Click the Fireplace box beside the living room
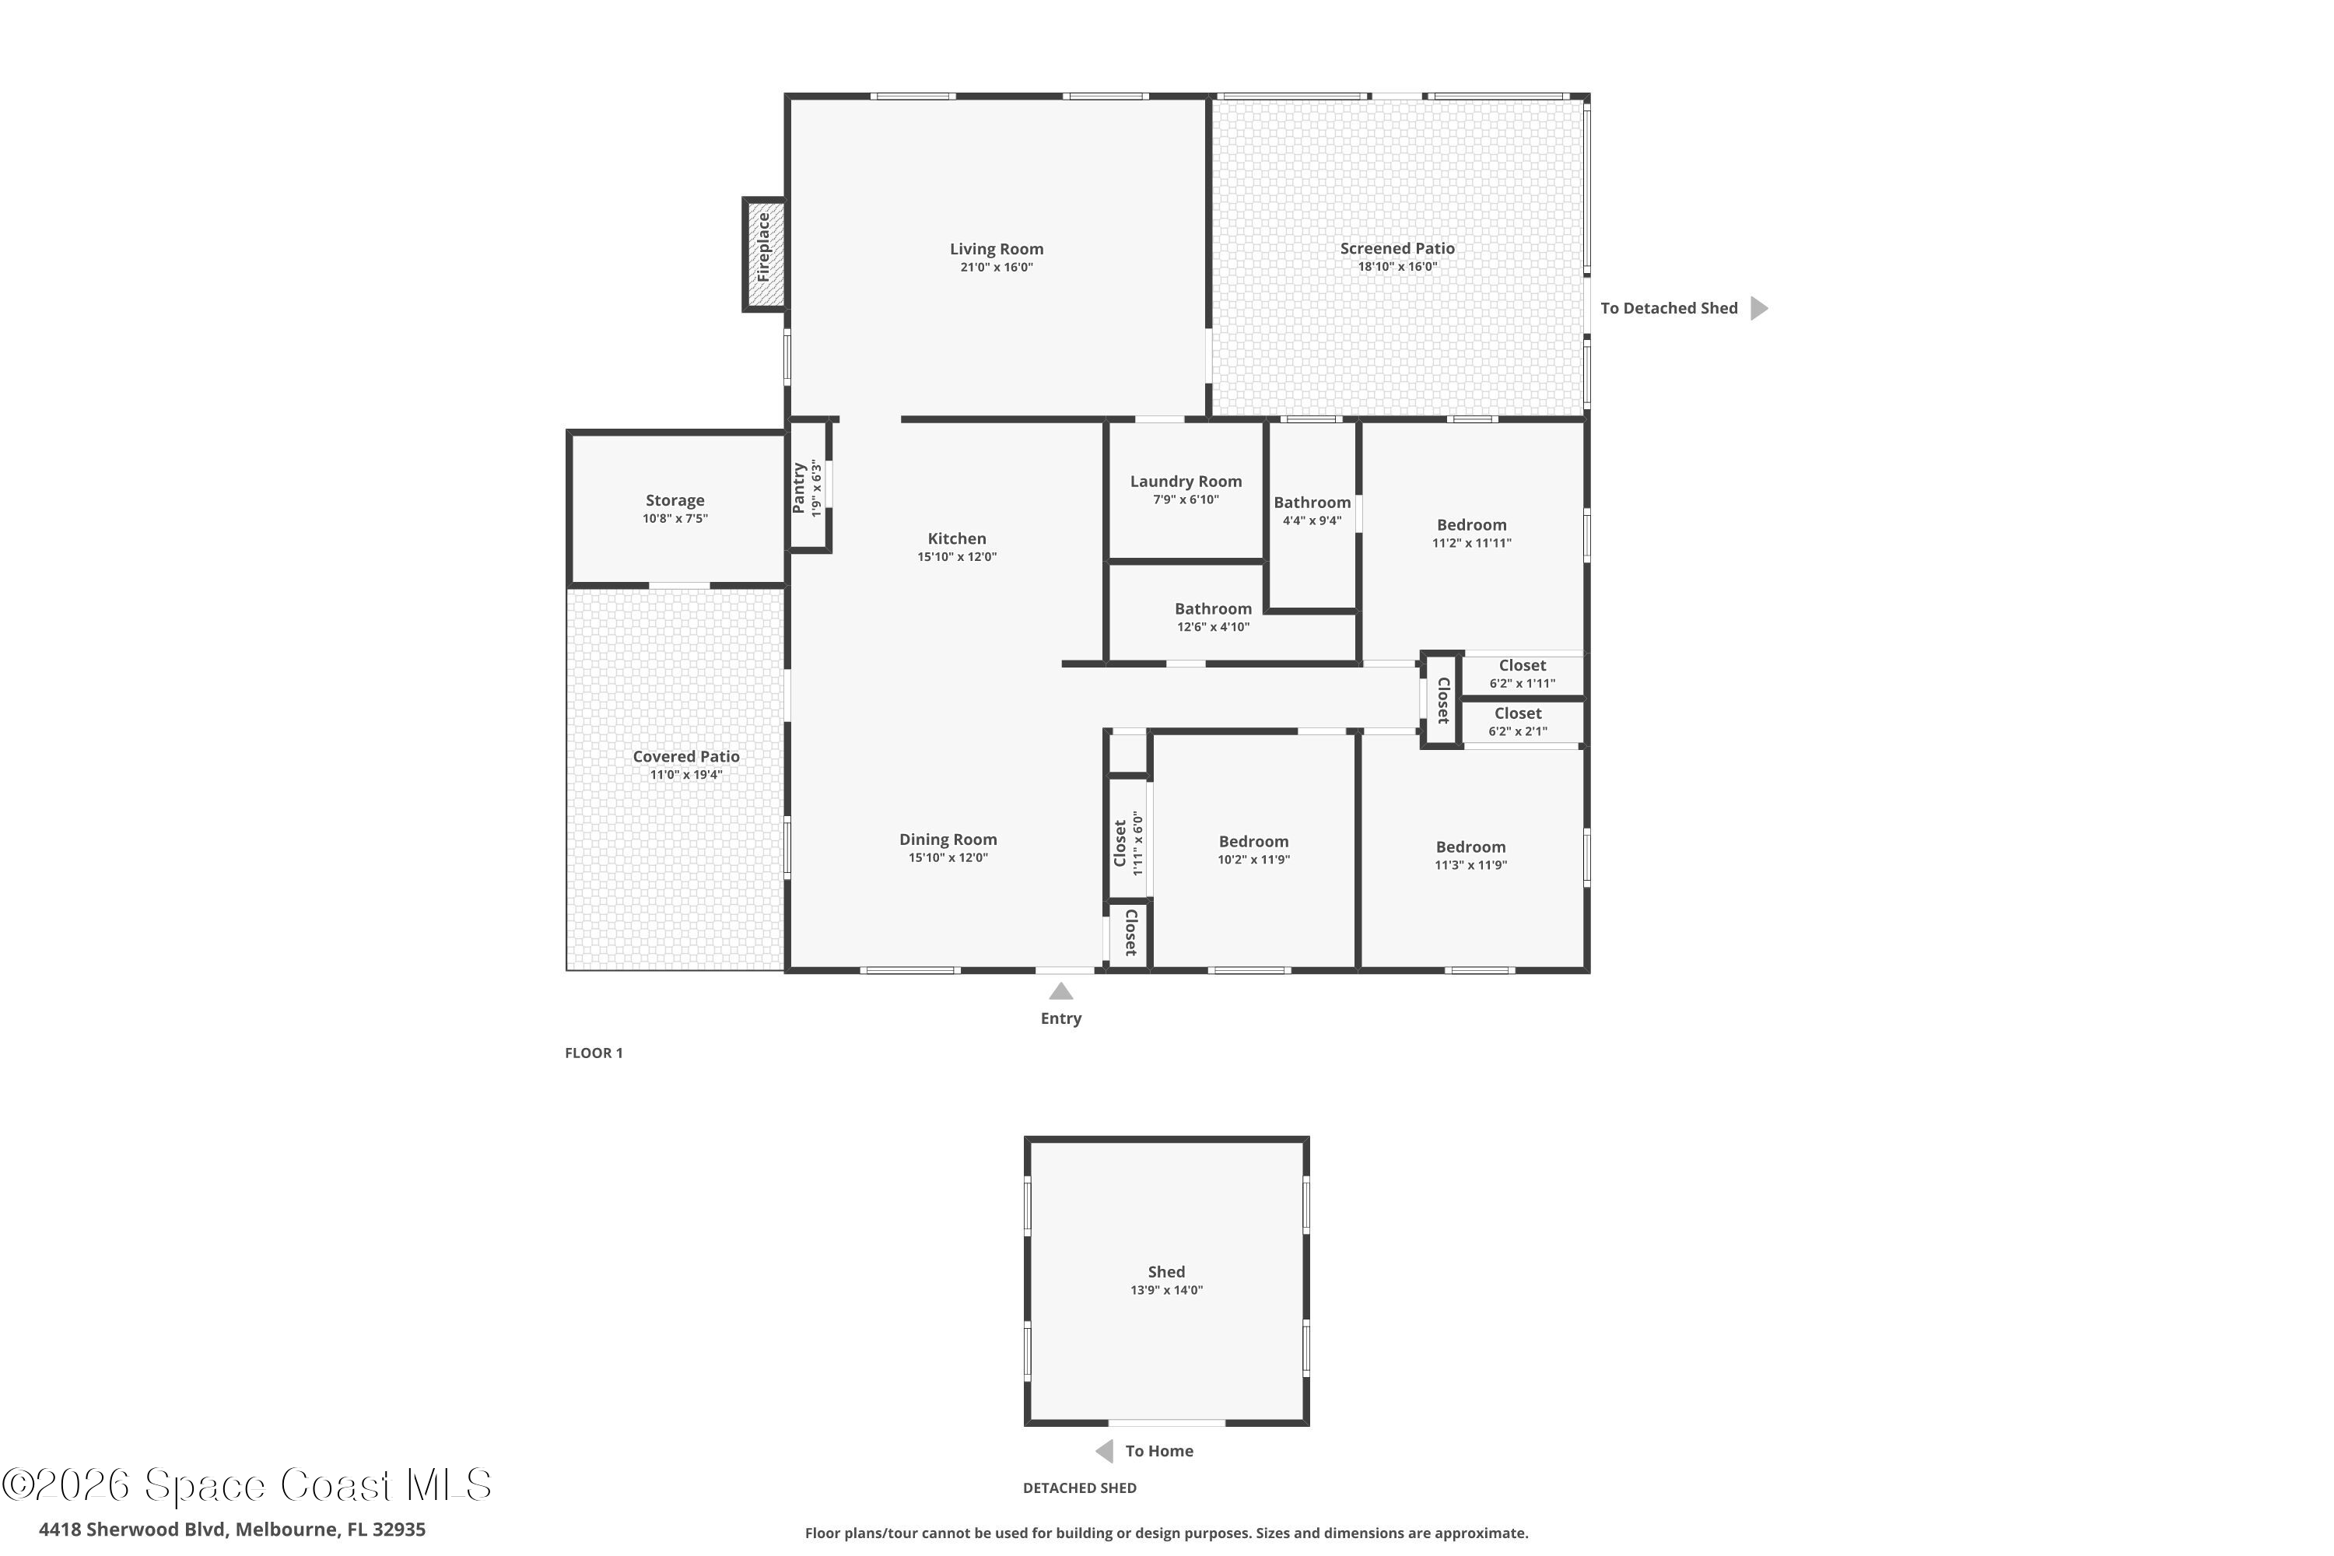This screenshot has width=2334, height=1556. click(x=764, y=255)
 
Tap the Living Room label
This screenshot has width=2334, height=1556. click(x=997, y=249)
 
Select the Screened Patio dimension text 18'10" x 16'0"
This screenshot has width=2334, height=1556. click(x=1397, y=266)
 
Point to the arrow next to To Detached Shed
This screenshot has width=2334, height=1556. click(x=1758, y=307)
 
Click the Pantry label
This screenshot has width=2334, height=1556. click(x=799, y=487)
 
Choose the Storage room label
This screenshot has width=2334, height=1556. click(x=675, y=500)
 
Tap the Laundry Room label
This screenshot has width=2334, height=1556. click(x=1186, y=482)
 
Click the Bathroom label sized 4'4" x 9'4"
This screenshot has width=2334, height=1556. click(x=1312, y=502)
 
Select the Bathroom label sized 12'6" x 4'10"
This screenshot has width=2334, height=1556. click(x=1213, y=608)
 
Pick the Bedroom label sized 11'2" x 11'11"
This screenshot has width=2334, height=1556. click(x=1472, y=525)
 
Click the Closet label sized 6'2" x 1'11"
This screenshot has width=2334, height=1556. click(x=1523, y=665)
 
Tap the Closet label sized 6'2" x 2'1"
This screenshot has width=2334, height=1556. click(x=1519, y=713)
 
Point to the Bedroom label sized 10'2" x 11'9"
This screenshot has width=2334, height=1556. click(x=1253, y=842)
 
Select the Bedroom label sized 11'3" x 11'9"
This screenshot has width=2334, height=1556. click(x=1470, y=846)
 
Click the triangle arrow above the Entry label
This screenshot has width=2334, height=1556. click(x=1061, y=991)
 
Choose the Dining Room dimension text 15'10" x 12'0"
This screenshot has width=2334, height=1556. click(x=948, y=857)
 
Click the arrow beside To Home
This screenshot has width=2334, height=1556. click(x=1103, y=1451)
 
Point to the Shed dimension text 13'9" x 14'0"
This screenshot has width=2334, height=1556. click(x=1166, y=1290)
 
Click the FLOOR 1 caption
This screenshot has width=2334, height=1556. click(x=594, y=1053)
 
